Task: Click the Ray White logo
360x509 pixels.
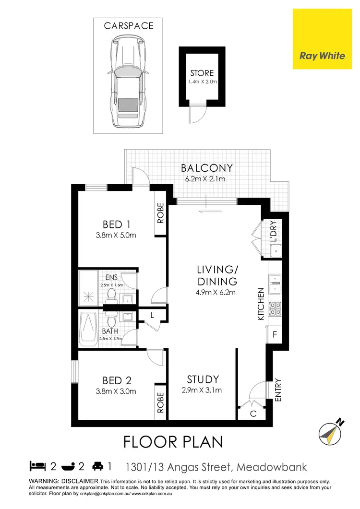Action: coord(322,55)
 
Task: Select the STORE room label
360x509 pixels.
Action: coord(202,73)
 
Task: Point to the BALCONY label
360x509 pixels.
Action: coord(207,168)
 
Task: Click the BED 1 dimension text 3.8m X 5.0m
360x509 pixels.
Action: coord(117,235)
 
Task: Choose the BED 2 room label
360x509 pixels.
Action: coord(117,380)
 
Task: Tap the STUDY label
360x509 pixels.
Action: coord(203,379)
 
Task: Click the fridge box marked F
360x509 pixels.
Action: coord(275,334)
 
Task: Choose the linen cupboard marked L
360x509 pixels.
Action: coord(152,316)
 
